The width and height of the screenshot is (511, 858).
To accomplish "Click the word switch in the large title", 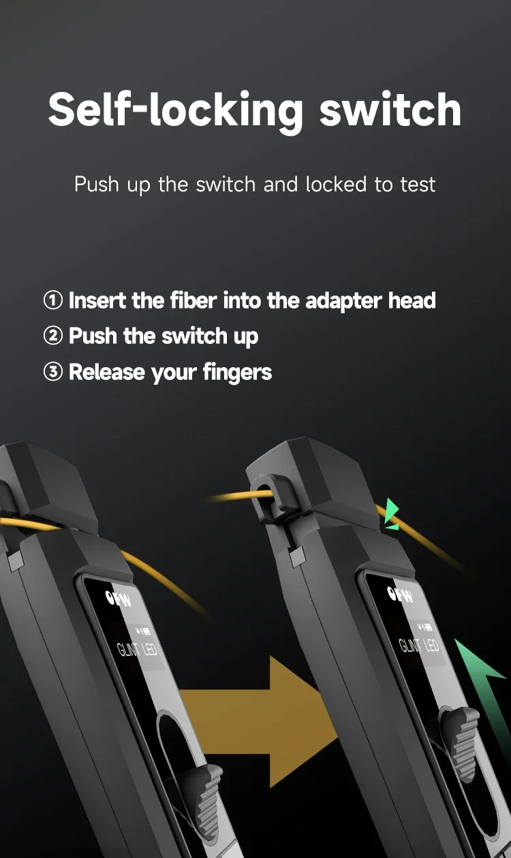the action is coord(390,110).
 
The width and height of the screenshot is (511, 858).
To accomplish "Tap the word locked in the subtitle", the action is coord(336,185).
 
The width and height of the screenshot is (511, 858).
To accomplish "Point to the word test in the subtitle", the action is coord(418,185).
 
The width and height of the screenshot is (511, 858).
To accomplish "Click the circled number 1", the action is coord(53,300).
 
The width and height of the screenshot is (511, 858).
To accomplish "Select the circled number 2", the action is coord(53,336).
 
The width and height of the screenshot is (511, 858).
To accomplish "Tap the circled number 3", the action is coord(53,372).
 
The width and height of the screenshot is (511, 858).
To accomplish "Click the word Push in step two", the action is coord(93,336).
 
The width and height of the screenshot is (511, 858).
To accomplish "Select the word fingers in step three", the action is coord(237,372).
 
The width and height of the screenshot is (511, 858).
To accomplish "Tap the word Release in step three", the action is coord(107,372).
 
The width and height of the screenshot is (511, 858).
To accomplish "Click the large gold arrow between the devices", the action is coord(259,722).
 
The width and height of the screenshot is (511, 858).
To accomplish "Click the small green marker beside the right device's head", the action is coord(392,514).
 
